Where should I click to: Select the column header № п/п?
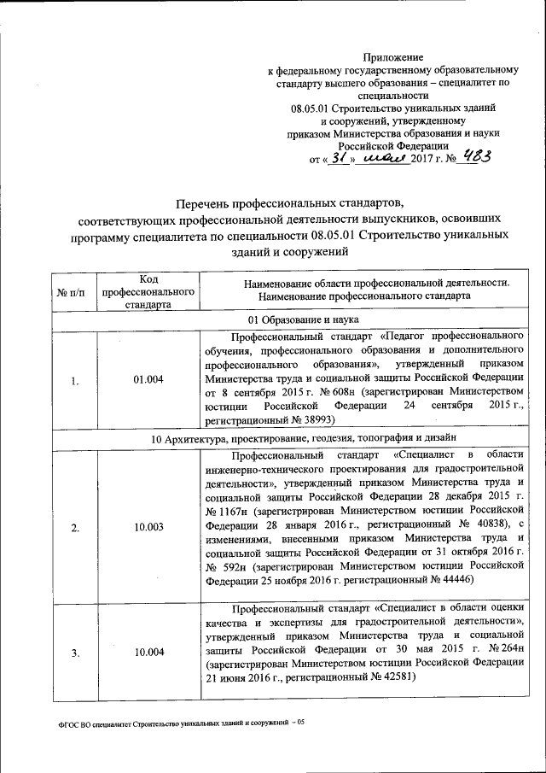tap(71, 293)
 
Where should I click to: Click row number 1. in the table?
tap(75, 381)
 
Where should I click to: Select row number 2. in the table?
tap(75, 528)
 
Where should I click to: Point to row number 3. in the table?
tap(75, 653)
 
